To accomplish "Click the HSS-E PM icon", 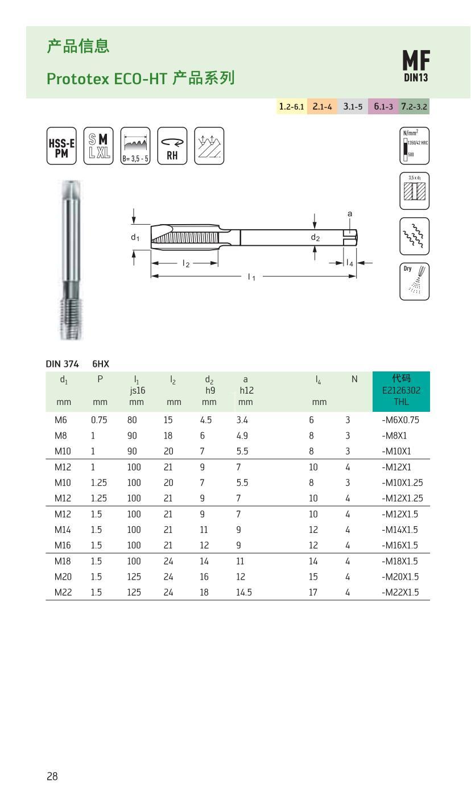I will [61, 146].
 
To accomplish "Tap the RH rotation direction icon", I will [172, 146].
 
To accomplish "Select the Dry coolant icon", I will [414, 281].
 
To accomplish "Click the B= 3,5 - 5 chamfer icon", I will [135, 146].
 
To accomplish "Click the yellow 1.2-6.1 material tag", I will [292, 106].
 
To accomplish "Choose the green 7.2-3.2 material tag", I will [414, 106].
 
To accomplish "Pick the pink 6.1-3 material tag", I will [383, 106].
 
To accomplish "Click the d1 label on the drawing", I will [135, 237].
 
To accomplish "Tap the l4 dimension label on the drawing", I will [350, 263].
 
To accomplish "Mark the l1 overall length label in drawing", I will [251, 276].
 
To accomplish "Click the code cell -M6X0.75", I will [400, 420].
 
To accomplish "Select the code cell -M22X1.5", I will [400, 592].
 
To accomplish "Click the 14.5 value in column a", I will [243, 592].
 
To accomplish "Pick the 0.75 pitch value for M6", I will [99, 420].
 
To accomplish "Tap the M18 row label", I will [63, 561].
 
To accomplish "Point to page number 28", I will [52, 776].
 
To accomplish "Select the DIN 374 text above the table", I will [62, 363].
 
